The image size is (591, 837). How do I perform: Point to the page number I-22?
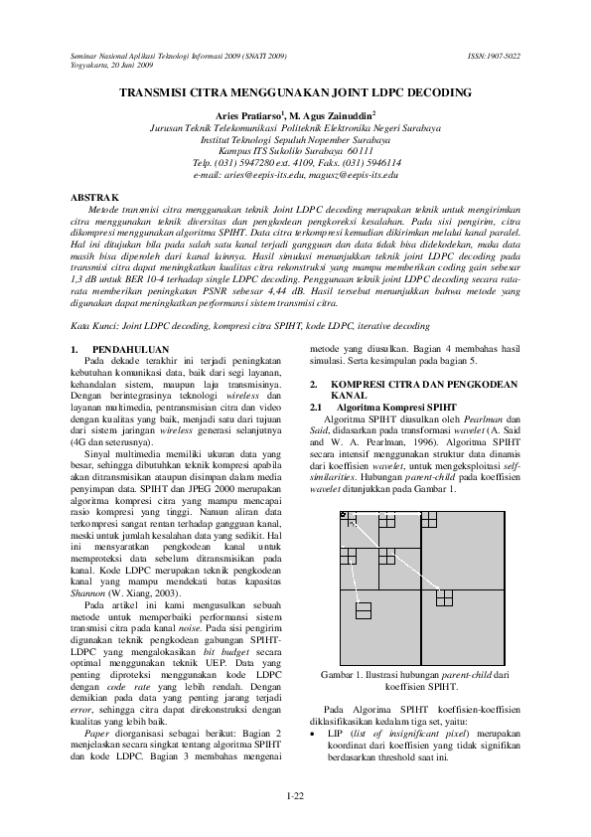click(295, 796)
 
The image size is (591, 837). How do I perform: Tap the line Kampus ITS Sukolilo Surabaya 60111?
click(295, 151)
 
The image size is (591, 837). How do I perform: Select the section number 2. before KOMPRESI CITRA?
click(315, 384)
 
